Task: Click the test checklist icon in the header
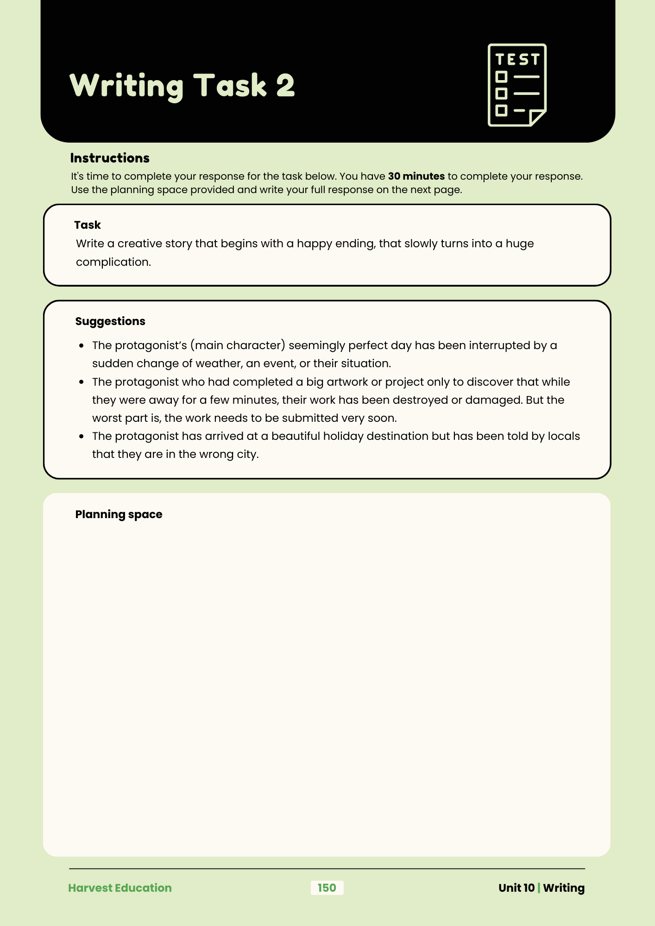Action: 517,85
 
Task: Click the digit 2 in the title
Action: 285,86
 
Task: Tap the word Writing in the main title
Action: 126,86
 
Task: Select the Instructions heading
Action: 110,158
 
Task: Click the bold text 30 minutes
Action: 416,176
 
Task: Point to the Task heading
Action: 88,225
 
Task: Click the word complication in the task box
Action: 113,262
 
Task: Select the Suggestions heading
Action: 110,321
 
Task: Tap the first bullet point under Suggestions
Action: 82,346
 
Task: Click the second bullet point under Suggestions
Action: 82,382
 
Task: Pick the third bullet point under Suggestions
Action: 82,437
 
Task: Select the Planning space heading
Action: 119,514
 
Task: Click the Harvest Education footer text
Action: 120,888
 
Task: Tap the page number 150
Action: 327,888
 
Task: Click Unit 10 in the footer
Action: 516,888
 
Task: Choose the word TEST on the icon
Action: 517,60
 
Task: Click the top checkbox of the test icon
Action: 501,77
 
